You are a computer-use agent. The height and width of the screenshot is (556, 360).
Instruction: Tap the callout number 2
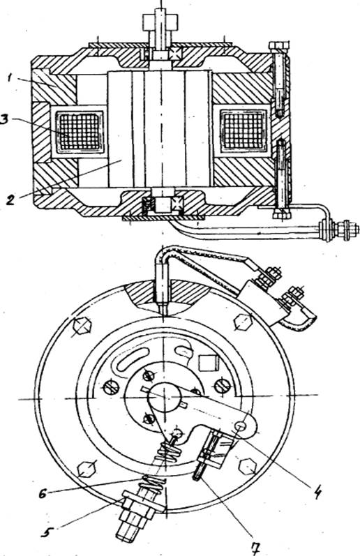coord(10,200)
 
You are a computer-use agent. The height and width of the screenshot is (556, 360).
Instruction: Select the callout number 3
coord(3,119)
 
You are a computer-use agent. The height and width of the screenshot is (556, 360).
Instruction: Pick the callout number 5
coord(47,532)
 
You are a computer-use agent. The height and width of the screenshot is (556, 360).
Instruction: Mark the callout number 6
coord(43,494)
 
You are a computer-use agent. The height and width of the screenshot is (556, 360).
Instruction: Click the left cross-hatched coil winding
coord(80,131)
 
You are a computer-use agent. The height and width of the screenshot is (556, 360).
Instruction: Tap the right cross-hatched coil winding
coord(243,130)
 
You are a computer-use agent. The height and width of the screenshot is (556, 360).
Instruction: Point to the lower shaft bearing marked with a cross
coord(177,204)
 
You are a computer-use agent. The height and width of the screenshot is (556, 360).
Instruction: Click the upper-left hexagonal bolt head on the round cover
coord(82,326)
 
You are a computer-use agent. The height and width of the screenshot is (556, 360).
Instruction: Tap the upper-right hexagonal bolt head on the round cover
coord(243,322)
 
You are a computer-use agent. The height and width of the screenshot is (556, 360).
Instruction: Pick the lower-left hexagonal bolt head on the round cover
coord(87,469)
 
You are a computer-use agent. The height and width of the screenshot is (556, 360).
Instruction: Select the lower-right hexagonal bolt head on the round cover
coord(248,466)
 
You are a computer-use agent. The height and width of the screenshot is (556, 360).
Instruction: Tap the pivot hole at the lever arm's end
coord(241,426)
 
